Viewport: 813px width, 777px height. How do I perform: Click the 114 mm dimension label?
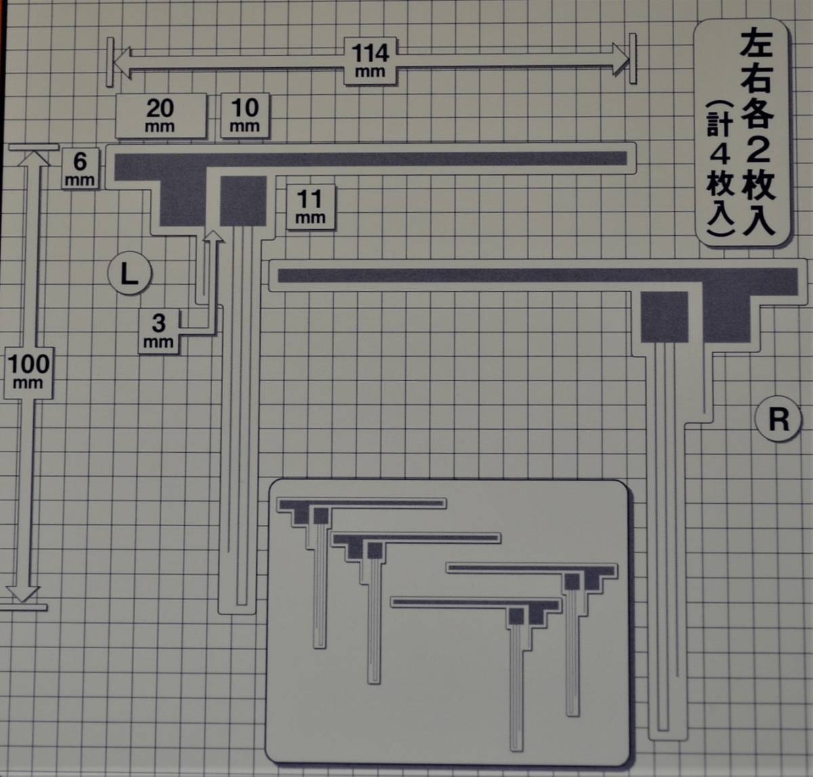pos(370,60)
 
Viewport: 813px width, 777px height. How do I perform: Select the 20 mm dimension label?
pos(161,115)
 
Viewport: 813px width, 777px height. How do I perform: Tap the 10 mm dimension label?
pos(245,115)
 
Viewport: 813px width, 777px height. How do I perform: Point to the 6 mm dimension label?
pos(80,169)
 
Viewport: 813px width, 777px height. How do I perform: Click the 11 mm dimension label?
pos(310,206)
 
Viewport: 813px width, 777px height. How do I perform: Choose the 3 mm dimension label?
pos(159,330)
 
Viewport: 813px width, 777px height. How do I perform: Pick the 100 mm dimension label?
pos(28,371)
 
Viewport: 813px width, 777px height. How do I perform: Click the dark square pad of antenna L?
pos(243,200)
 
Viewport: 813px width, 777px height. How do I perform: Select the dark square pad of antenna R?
pos(664,317)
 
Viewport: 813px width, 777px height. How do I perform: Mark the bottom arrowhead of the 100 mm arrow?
pos(24,593)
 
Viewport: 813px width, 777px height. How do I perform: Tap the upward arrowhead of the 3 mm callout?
pos(213,237)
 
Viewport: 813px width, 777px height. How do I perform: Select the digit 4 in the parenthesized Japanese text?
pos(719,155)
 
